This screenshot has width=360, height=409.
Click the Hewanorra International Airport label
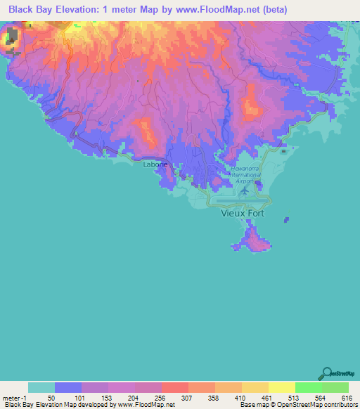[246, 175]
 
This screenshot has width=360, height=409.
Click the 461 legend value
[268, 398]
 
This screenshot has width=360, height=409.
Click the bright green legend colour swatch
[308, 387]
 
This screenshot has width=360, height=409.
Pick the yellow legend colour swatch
[281, 387]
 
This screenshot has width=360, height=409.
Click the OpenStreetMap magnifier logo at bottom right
[327, 374]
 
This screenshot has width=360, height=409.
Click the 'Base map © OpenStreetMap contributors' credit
[295, 405]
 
